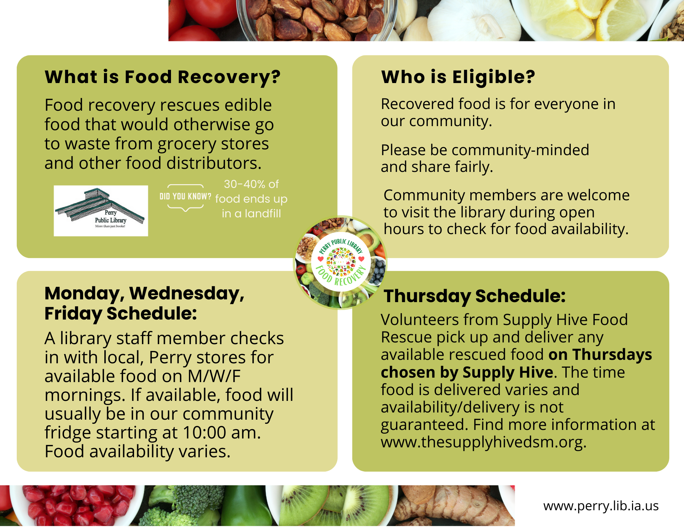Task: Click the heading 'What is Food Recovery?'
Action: point(162,77)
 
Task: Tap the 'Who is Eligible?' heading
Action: point(458,77)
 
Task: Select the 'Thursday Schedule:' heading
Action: point(474,296)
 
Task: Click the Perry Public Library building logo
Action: point(101,211)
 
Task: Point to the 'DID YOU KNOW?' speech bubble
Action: point(185,197)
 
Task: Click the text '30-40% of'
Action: point(251,184)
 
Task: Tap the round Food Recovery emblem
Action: point(341,262)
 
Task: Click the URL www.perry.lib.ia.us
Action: point(601,506)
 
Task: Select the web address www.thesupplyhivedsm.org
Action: point(483,442)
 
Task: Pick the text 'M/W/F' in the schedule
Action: point(214,376)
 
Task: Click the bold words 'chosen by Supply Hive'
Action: point(467,372)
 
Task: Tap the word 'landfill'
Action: point(263,214)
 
